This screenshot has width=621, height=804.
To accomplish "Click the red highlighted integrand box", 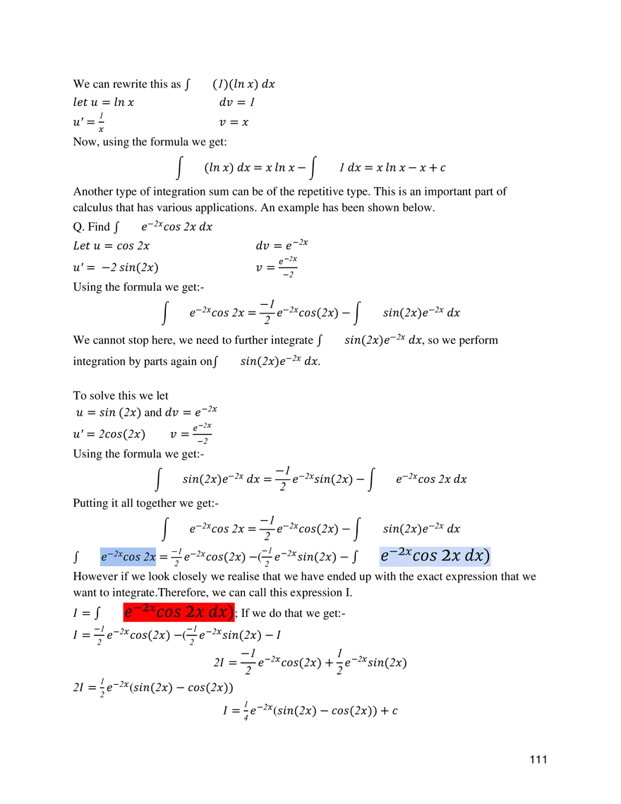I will point(178,612).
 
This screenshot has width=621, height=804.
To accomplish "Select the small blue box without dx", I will point(127,556).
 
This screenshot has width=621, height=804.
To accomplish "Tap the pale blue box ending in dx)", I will point(435,556).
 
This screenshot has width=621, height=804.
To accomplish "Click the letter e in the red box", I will point(128,613).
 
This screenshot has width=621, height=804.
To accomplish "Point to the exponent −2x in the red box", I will point(144,608).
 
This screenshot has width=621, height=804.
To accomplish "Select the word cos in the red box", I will point(169,613).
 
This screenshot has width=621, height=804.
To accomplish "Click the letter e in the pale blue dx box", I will point(385,557).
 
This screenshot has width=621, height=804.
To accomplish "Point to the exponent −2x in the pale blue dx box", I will point(400,551).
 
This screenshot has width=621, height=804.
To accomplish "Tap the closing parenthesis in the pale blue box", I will point(486,556).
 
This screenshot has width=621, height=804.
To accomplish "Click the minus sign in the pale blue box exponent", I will point(393,551).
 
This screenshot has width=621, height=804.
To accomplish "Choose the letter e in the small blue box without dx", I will point(104,558).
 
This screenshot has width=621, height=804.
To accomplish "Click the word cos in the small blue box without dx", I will point(131,557).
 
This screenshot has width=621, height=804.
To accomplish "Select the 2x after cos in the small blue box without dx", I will point(150,557).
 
